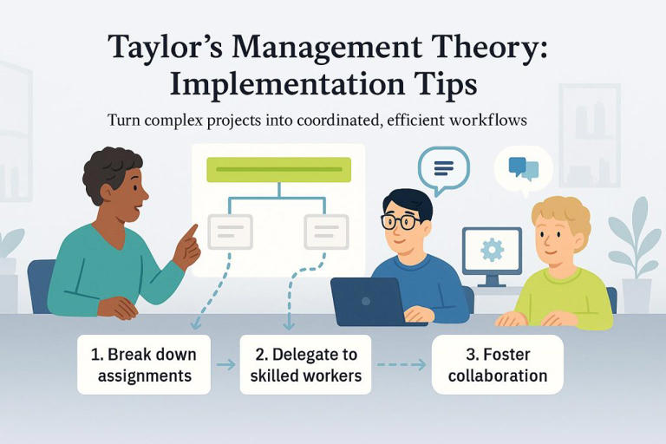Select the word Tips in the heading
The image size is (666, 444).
(x=447, y=86)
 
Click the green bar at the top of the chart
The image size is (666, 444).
(x=277, y=169)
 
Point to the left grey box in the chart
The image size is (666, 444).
(x=230, y=232)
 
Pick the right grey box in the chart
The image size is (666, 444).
(x=325, y=232)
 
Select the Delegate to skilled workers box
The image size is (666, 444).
(x=305, y=365)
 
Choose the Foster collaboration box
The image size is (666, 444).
(x=498, y=365)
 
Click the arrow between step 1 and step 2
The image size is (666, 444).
(x=225, y=365)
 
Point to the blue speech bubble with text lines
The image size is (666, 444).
(x=443, y=166)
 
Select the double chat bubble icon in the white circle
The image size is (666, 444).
(x=523, y=167)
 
